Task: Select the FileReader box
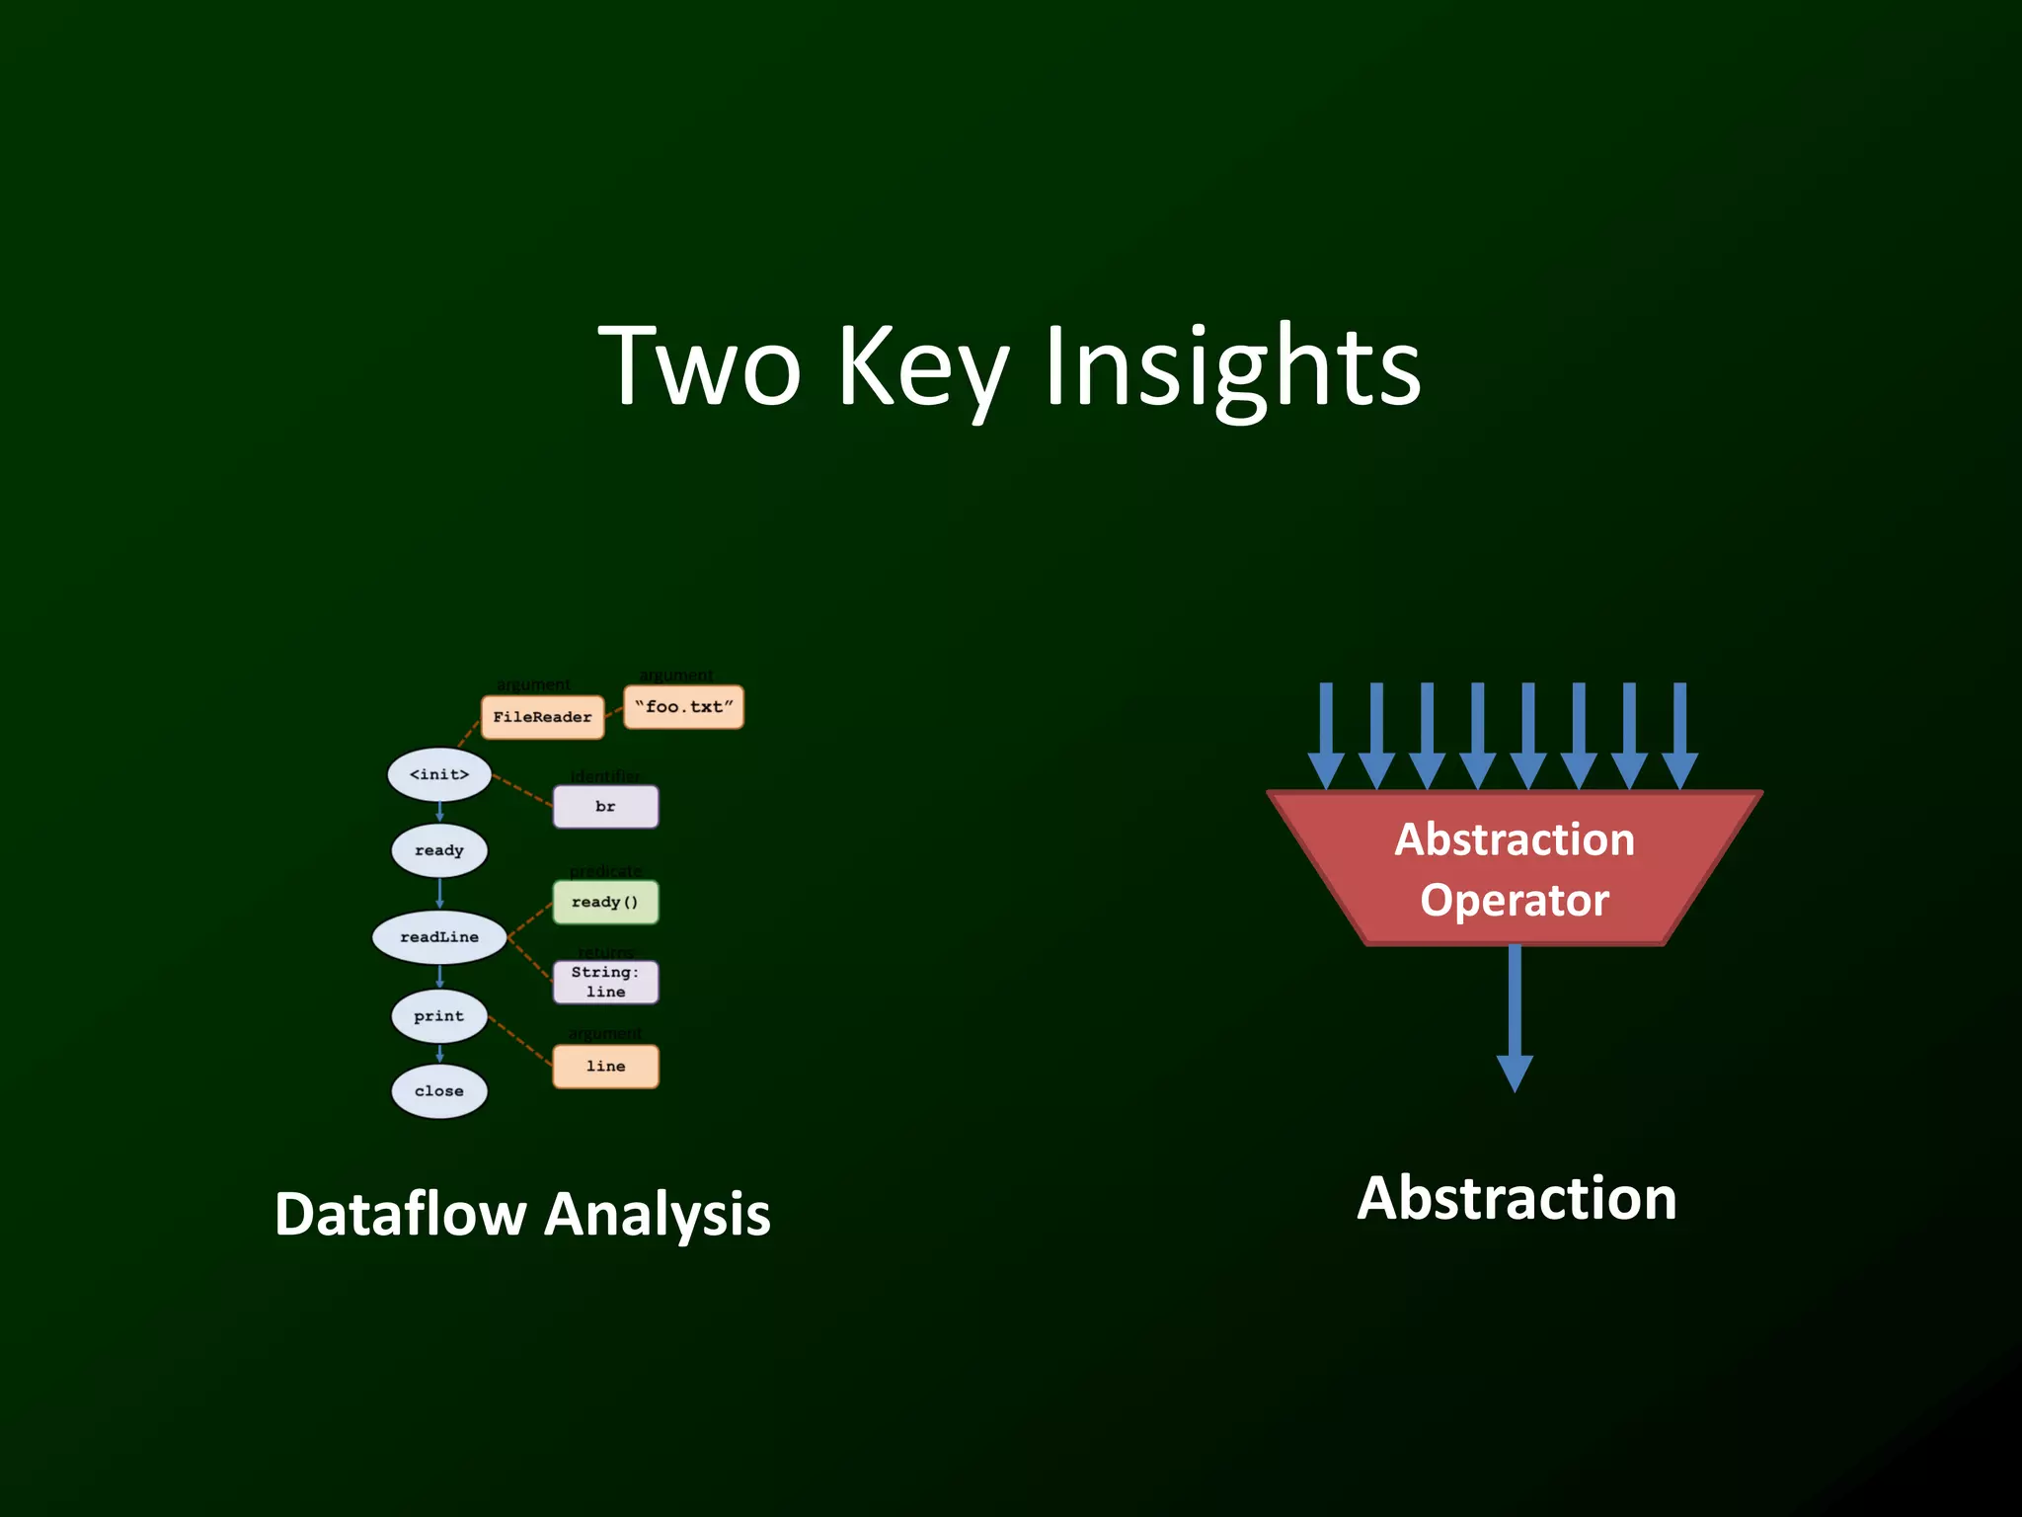click(x=542, y=717)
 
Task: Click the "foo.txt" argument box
click(x=683, y=707)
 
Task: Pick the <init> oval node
click(x=439, y=774)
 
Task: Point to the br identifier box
click(x=605, y=807)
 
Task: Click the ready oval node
click(x=439, y=850)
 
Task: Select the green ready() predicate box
click(x=605, y=902)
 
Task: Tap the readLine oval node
click(x=439, y=937)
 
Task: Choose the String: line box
click(x=605, y=982)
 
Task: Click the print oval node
click(x=439, y=1016)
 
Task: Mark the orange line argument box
click(x=605, y=1067)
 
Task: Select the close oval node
click(x=439, y=1091)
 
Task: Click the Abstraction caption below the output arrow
click(x=1516, y=1199)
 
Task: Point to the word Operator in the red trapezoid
click(x=1515, y=901)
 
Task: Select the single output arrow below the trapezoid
click(x=1515, y=1017)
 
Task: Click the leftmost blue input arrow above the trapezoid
click(x=1326, y=735)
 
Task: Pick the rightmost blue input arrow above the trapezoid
click(x=1679, y=735)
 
